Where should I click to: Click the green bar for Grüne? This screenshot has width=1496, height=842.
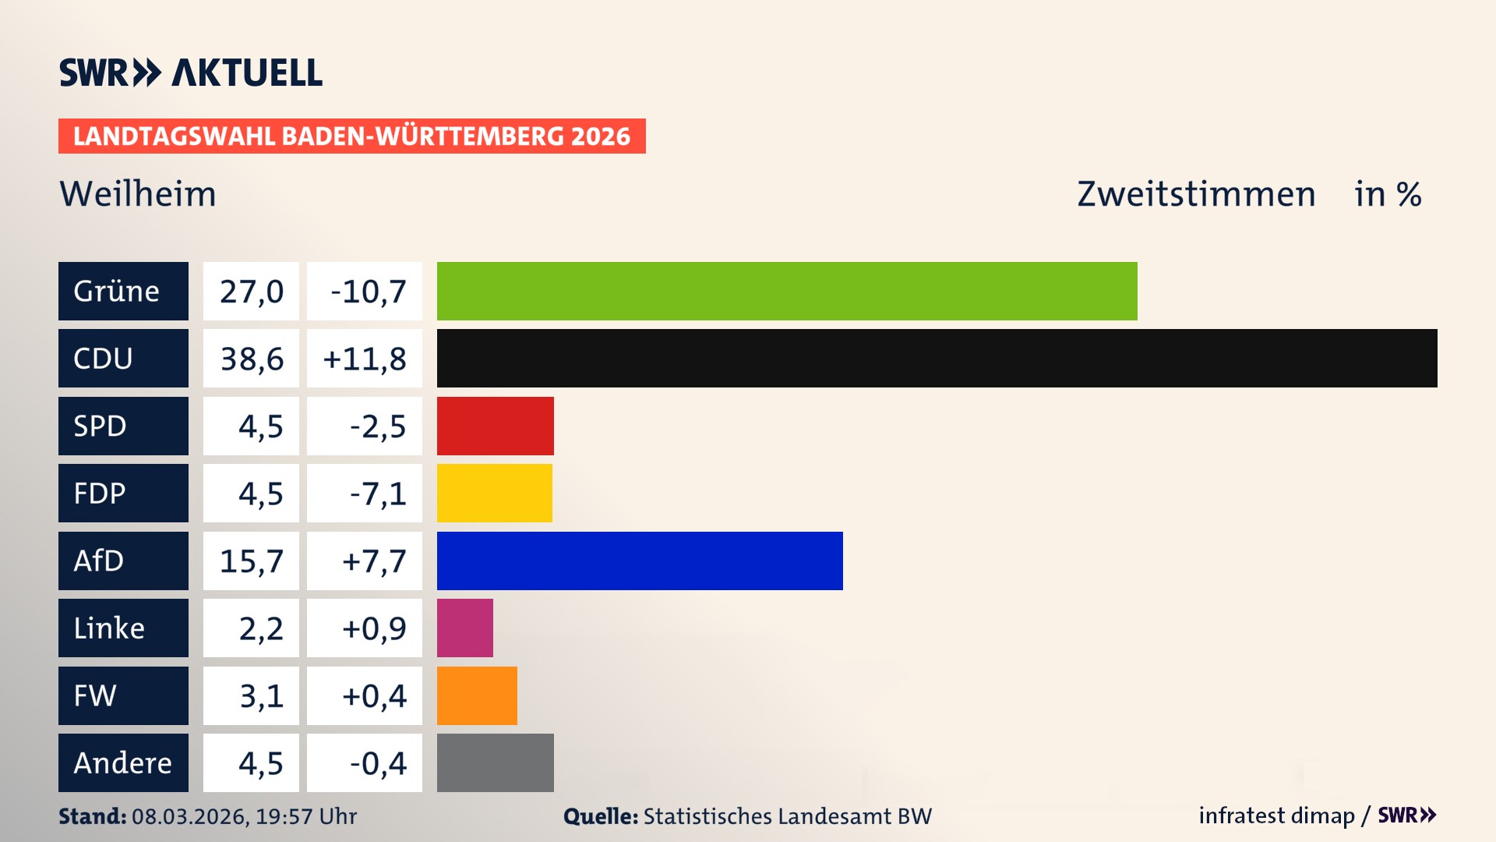(x=787, y=291)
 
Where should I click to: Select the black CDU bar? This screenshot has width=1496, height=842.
(x=937, y=358)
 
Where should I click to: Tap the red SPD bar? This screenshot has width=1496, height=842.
(x=495, y=426)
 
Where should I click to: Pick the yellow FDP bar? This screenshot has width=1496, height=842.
(x=494, y=493)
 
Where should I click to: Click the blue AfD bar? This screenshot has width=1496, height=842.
(x=640, y=561)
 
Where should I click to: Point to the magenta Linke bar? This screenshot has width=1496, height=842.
(x=464, y=628)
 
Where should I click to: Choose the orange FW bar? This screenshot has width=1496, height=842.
(x=477, y=695)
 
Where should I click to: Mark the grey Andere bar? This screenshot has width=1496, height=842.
(x=495, y=762)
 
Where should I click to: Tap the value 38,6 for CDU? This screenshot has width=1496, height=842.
(x=251, y=359)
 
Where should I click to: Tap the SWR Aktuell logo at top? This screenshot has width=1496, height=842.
(x=191, y=73)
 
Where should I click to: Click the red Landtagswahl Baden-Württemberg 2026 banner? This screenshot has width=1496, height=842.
(x=351, y=136)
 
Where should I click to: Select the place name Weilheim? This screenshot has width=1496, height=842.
(x=138, y=194)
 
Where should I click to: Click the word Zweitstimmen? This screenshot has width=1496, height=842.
(x=1196, y=194)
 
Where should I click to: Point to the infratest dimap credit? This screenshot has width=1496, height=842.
(x=1276, y=815)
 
